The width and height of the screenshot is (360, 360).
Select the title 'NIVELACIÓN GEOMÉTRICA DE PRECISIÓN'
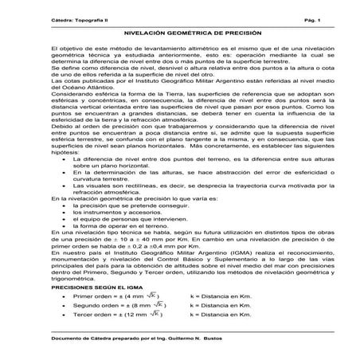click(x=179, y=35)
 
